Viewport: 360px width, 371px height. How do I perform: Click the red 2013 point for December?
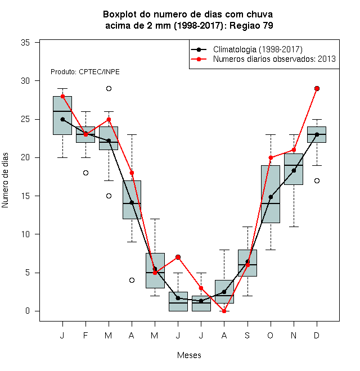tap(317, 88)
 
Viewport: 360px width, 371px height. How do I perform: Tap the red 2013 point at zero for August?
tap(224, 311)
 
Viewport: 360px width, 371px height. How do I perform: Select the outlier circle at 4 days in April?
tap(132, 280)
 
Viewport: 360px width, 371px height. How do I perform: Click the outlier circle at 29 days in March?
tap(109, 88)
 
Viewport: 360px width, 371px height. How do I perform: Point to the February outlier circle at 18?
tap(85, 173)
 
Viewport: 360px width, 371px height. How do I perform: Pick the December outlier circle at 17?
tap(317, 181)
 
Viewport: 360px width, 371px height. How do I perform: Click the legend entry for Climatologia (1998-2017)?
tap(246, 49)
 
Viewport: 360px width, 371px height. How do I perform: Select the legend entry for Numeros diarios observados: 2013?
tap(263, 59)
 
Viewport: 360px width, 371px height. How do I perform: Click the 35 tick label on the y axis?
tap(25, 43)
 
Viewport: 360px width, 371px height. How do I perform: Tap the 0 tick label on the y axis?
tap(28, 311)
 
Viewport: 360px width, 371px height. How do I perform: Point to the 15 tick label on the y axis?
tap(25, 196)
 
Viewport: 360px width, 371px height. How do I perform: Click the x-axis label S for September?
tap(247, 335)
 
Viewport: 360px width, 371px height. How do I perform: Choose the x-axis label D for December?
tap(317, 335)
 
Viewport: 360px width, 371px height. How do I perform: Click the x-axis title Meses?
tap(189, 355)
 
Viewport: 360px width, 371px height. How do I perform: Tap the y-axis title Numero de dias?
tap(5, 180)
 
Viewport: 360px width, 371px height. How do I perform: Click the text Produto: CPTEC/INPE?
tap(85, 72)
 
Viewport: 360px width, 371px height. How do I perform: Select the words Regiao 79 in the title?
tap(251, 25)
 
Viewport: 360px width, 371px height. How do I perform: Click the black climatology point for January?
tap(62, 120)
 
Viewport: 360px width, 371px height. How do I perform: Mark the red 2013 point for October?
tap(271, 158)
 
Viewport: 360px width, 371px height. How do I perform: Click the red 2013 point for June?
tap(178, 257)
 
